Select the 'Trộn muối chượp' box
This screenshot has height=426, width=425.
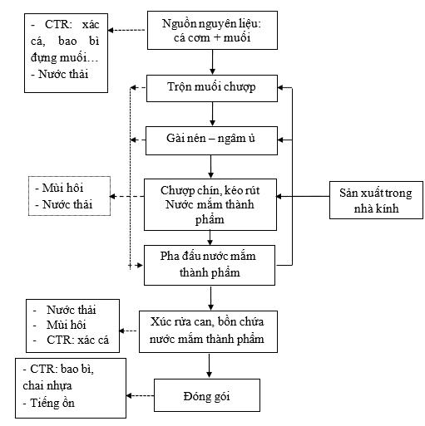coord(212,86)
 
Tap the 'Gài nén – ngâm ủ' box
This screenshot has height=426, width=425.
coord(212,138)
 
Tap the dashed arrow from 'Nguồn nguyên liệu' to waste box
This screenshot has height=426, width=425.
coord(121,31)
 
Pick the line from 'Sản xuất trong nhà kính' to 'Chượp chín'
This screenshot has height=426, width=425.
coord(304,197)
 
